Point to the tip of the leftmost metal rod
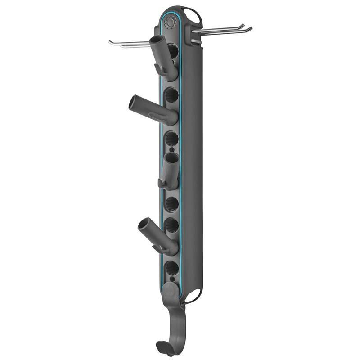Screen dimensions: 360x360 111,43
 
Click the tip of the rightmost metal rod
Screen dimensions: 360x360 250,29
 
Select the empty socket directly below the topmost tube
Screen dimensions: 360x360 171,95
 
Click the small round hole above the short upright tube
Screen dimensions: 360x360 171,148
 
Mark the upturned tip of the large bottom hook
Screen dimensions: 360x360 159,347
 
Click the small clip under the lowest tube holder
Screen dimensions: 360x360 156,247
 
